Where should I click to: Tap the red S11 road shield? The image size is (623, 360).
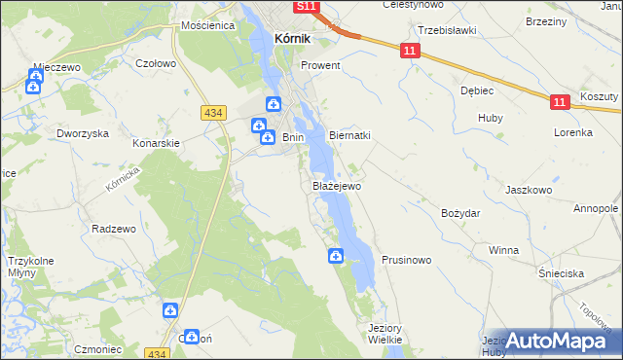point(307,7)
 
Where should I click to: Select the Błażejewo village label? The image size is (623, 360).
point(336,185)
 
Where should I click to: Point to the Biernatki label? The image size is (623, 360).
point(350,136)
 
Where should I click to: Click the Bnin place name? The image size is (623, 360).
point(293,138)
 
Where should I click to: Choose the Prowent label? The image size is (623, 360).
point(320,66)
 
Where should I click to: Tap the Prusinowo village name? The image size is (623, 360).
point(406,261)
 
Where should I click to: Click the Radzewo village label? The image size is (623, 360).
point(112,229)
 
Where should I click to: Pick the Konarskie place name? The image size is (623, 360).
point(157,142)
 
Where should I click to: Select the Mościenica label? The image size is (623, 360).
point(206,25)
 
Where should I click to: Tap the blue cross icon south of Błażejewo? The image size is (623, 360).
point(335,257)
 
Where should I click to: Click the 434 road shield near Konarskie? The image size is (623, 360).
point(215,114)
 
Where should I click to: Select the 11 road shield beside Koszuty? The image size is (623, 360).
point(558,100)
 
